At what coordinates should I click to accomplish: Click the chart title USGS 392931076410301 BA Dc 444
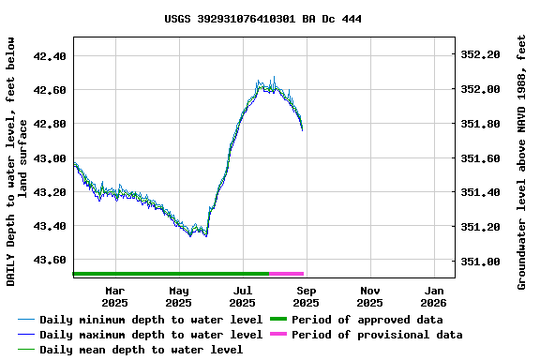click(262, 19)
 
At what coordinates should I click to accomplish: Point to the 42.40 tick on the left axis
click(50, 56)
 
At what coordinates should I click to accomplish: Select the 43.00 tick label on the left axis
click(50, 158)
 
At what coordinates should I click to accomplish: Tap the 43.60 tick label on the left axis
click(50, 261)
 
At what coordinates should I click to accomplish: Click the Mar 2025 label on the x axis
click(115, 296)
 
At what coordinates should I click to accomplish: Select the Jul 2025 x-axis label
click(243, 296)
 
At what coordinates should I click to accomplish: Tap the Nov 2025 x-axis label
click(370, 296)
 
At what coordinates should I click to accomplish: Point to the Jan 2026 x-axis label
click(433, 296)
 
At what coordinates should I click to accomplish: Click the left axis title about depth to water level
click(16, 161)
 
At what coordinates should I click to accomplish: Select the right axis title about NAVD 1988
click(521, 161)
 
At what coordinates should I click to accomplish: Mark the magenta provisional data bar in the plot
click(286, 274)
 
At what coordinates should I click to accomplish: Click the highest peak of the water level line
click(274, 78)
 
